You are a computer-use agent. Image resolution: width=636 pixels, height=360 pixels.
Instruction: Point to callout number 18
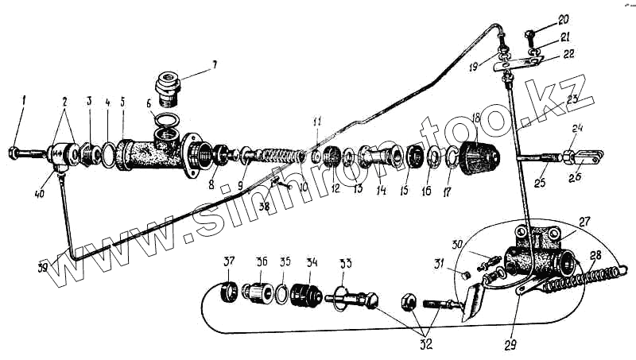point(476,118)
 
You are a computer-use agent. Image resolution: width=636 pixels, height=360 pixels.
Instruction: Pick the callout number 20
point(564,18)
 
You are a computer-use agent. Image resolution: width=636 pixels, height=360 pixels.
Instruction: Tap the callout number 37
point(230,263)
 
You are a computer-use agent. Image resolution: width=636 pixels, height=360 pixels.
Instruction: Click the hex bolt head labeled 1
point(15,150)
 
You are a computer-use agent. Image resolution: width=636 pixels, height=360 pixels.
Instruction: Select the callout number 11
point(317,121)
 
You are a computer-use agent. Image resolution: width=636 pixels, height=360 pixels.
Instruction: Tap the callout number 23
point(572,100)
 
